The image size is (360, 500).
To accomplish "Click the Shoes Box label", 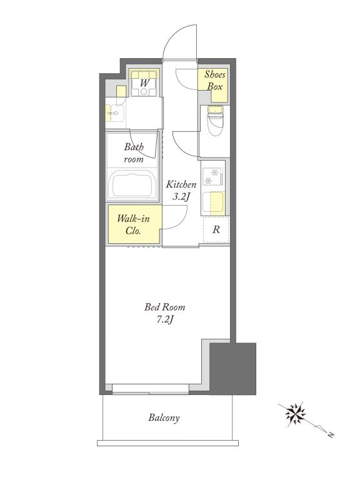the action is coord(214,81).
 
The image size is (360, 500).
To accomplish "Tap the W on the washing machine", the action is coord(144,83).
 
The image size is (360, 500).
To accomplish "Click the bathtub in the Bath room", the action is coord(133,185).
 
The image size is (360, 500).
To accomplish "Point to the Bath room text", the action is coord(134,152).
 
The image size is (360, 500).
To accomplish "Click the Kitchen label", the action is coord(181,184).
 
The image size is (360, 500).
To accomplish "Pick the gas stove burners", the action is coord(212,177).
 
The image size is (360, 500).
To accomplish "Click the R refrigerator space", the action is coord(216,229).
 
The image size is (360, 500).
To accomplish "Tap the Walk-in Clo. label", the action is coord(133,224).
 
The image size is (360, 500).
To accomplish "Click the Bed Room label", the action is coord(164,307).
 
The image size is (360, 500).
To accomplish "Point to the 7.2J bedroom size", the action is coord(164,319).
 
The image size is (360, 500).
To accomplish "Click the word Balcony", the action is coord(164,417).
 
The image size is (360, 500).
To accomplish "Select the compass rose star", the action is coord(295,414).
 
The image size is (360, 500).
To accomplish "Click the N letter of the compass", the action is coord(331,434).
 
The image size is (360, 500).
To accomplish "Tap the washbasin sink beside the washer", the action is coord(117,113).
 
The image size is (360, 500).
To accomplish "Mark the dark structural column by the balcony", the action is coord(232,369).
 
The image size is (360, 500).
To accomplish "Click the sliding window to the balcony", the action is coord(150,389).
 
